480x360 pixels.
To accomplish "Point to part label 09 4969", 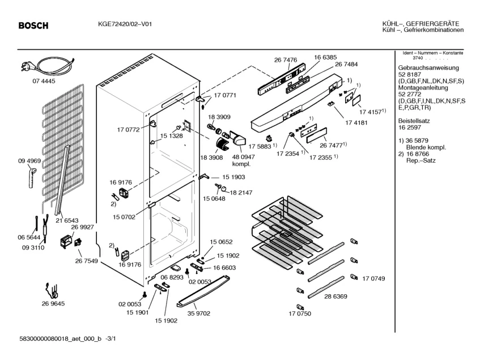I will tap(28, 161).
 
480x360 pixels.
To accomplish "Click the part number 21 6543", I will tap(67, 219).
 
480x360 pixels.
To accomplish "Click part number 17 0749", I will tap(373, 278).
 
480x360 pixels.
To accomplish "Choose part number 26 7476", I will tap(286, 60).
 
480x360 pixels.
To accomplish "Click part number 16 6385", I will tap(325, 58).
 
